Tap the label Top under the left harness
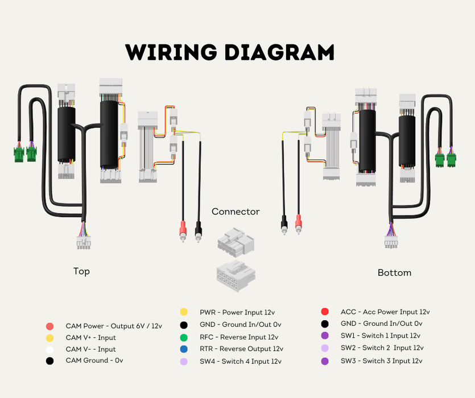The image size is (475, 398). (81, 271)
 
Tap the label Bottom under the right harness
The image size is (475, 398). (394, 273)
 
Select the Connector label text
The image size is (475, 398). (236, 212)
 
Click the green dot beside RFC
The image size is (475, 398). (184, 337)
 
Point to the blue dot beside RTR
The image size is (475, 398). (184, 349)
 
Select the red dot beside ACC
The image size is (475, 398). (325, 312)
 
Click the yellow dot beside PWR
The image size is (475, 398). (184, 312)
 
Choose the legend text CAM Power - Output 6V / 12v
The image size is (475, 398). (114, 326)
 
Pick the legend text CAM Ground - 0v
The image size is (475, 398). (94, 360)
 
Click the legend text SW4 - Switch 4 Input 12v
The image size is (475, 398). (240, 361)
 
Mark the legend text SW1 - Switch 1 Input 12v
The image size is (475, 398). (380, 335)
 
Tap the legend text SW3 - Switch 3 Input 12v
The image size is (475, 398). (381, 361)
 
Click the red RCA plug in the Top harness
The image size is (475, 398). (183, 230)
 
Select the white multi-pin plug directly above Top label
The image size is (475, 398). (84, 243)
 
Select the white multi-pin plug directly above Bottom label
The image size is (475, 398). (391, 243)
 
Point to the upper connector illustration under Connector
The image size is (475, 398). (235, 242)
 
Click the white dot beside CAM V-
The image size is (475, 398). (50, 349)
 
